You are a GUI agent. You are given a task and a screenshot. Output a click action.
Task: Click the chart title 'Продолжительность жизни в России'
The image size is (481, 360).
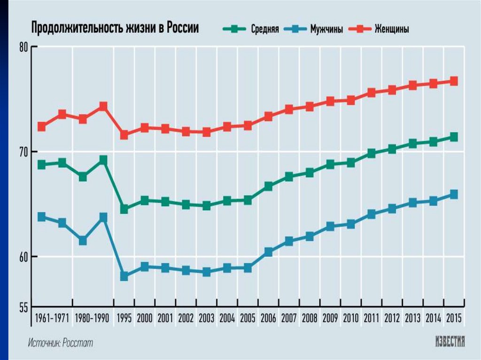115,28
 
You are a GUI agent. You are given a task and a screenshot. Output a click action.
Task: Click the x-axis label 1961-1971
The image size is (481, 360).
52,318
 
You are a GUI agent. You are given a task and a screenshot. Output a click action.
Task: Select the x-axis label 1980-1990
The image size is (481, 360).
93,318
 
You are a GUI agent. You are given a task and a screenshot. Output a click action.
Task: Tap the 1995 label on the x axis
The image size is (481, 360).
124,318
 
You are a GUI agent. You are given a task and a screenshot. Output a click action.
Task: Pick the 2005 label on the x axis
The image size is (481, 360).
248,318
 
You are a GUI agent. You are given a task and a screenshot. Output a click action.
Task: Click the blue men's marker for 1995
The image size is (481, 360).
124,276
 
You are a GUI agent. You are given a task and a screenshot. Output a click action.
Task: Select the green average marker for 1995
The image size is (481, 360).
124,209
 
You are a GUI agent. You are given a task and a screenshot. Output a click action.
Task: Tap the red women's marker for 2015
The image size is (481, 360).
454,81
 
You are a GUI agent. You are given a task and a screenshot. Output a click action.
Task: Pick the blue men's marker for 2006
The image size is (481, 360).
269,252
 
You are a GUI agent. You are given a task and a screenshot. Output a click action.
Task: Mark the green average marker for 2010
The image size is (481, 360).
351,162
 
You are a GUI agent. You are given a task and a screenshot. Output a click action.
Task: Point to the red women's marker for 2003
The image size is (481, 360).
207,132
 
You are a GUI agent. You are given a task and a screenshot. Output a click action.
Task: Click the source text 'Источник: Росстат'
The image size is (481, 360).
60,343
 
